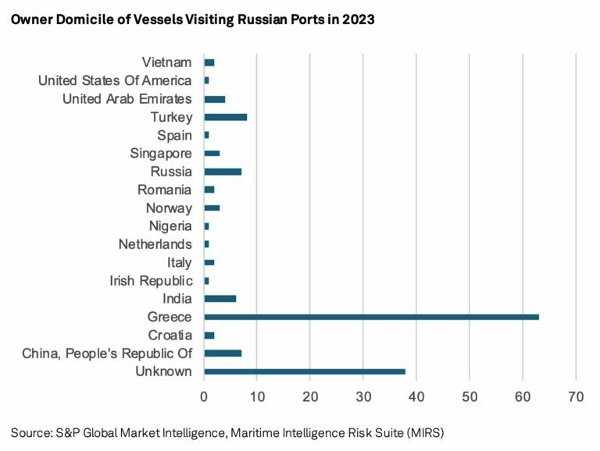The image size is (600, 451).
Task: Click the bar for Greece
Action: click(x=371, y=317)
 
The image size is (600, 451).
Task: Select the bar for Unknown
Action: click(x=305, y=371)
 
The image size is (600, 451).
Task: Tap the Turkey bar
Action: click(x=225, y=117)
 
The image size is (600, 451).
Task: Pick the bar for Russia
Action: click(x=223, y=171)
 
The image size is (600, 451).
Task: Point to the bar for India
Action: click(x=220, y=298)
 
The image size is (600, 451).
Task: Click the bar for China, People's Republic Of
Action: click(x=223, y=353)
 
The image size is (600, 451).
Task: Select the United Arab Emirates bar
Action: click(x=214, y=99)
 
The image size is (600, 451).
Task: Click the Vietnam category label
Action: click(x=167, y=62)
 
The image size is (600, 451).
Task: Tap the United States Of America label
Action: click(x=115, y=80)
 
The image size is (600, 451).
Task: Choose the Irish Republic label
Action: click(x=151, y=280)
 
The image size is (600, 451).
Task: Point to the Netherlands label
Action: click(x=155, y=243)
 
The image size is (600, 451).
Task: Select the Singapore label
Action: click(x=161, y=153)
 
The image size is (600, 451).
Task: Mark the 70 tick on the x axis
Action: click(x=576, y=396)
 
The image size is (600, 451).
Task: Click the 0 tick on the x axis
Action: click(x=204, y=396)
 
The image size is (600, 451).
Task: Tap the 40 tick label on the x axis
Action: click(x=416, y=396)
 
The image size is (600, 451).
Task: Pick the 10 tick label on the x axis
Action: click(x=257, y=396)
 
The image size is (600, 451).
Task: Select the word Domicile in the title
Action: click(x=80, y=20)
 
